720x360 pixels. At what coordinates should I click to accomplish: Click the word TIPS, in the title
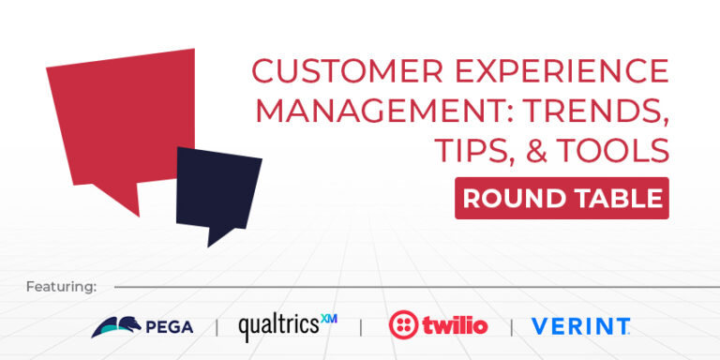pos(472,150)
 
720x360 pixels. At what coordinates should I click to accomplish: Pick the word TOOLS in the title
pos(618,150)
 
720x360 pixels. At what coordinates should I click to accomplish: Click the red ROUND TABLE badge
pos(562,198)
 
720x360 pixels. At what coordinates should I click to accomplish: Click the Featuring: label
pos(61,286)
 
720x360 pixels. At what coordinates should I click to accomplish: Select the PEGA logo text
pos(171,326)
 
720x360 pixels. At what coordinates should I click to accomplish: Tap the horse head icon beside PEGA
pos(114,326)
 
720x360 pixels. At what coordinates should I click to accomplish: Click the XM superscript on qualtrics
pos(328,319)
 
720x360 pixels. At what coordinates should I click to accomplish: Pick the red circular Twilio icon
pos(403,325)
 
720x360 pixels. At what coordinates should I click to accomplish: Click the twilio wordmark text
pos(455,325)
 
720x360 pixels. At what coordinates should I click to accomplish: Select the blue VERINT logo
pos(580,326)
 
